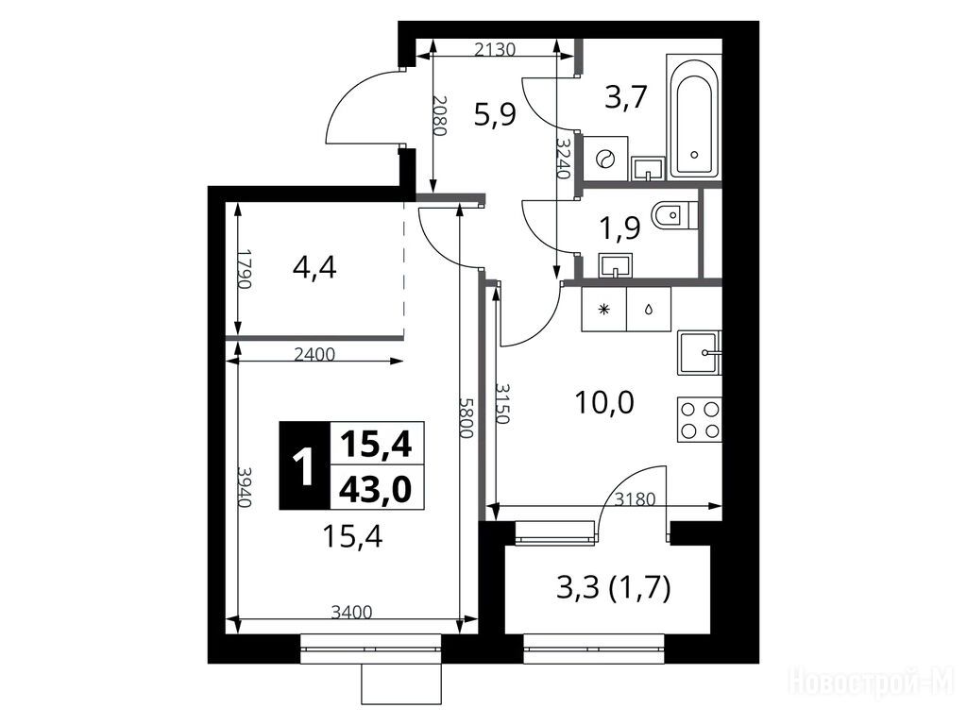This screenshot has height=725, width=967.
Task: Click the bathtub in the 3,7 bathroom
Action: click(x=694, y=116)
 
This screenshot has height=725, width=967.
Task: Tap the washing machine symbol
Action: click(x=605, y=159)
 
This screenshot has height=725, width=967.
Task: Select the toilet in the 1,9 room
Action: click(x=673, y=215)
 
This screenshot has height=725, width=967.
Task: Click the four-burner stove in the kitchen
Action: click(x=700, y=418)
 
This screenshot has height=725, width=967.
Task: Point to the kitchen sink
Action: click(x=700, y=353)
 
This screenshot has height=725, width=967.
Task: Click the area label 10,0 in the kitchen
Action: click(x=604, y=403)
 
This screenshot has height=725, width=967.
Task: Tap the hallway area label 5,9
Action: click(x=495, y=114)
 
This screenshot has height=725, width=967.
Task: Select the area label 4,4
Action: click(x=314, y=267)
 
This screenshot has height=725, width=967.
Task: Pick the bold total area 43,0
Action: click(x=376, y=491)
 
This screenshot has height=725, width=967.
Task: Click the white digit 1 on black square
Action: click(x=304, y=465)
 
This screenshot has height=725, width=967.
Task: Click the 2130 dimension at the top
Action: click(x=495, y=49)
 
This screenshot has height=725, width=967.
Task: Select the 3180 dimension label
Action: click(x=636, y=498)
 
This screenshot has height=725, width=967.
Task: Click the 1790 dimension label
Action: click(x=246, y=269)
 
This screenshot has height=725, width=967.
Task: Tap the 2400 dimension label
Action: click(x=314, y=355)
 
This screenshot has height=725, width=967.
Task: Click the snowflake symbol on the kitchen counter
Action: click(x=604, y=309)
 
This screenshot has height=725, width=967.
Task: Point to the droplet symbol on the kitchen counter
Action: click(x=649, y=309)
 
